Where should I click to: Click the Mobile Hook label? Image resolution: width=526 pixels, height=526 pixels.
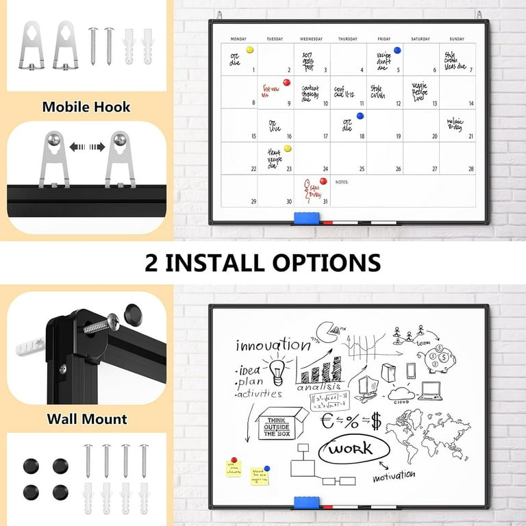(x=86, y=107)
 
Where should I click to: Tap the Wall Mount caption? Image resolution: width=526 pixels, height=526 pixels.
(x=86, y=418)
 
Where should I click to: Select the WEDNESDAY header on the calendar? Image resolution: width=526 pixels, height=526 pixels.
(x=312, y=39)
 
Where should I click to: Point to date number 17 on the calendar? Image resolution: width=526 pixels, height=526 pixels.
(x=325, y=136)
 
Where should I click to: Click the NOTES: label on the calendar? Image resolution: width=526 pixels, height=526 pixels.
(x=342, y=183)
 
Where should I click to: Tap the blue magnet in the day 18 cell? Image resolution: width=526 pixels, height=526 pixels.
(x=360, y=116)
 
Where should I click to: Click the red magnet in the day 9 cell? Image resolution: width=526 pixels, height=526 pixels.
(x=287, y=82)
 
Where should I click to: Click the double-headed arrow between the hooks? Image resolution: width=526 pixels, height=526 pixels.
(x=86, y=147)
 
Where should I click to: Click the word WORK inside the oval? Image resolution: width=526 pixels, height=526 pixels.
(x=350, y=449)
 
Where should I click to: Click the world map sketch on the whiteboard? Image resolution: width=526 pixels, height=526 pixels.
(x=427, y=428)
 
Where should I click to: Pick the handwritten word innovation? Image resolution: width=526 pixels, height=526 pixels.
(x=273, y=345)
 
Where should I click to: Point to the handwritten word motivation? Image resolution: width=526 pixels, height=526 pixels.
(x=394, y=475)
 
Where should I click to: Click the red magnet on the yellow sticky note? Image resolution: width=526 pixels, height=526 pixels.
(x=233, y=461)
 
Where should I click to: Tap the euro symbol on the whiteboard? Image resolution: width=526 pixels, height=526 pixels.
(x=329, y=421)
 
